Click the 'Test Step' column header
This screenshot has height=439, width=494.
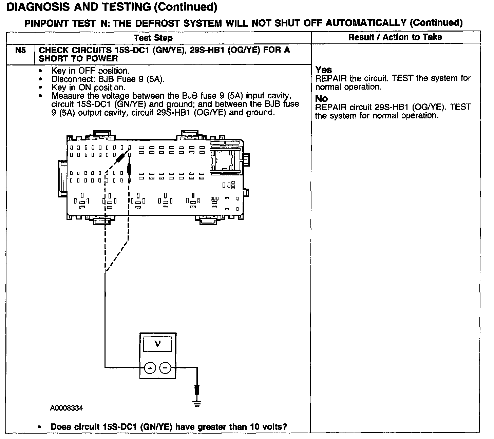pos(153,38)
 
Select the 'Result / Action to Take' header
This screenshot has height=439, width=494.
pos(395,37)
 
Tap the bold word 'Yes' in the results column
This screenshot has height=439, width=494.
pos(323,70)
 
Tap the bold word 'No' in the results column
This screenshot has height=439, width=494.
pos(321,99)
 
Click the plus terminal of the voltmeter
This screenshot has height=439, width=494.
pos(150,368)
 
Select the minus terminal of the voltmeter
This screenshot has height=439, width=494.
pos(165,368)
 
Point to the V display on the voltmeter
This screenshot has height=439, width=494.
pos(157,344)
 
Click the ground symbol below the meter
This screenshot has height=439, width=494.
pos(196,402)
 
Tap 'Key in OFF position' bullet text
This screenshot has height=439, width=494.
pos(90,71)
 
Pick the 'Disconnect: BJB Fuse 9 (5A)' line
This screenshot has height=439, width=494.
pos(108,79)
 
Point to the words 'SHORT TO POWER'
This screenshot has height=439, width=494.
pos(78,58)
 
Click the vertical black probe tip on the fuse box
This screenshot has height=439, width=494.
pos(130,169)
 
